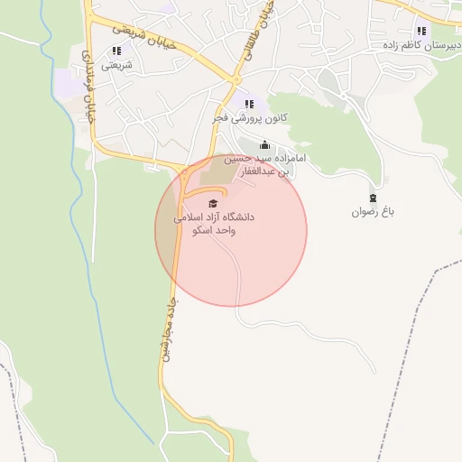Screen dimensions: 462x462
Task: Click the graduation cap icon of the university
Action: (213, 203)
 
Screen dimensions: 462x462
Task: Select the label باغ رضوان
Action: (374, 212)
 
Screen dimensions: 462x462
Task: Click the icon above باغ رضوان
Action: (374, 198)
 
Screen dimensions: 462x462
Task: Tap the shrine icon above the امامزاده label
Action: (264, 144)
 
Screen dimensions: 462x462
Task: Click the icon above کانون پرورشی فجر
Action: (249, 104)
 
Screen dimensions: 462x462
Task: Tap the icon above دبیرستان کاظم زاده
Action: (421, 30)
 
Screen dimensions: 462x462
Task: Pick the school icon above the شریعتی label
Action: (116, 51)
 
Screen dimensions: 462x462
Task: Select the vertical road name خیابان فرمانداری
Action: (88, 77)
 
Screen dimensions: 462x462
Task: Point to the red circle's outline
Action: (307, 230)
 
